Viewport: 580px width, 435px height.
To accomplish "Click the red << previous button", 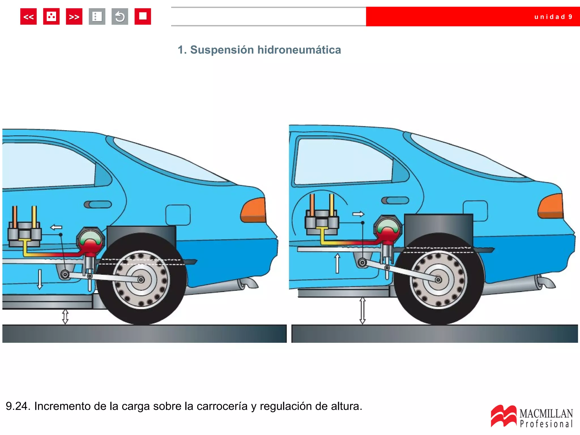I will pyautogui.click(x=28, y=17).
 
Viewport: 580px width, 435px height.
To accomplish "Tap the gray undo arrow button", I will pyautogui.click(x=120, y=17).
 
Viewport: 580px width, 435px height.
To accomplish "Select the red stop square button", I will pyautogui.click(x=143, y=17).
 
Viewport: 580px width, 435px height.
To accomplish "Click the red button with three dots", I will pyautogui.click(x=51, y=17).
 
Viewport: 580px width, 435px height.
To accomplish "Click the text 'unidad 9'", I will pyautogui.click(x=553, y=17).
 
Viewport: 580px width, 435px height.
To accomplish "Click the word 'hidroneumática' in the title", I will pyautogui.click(x=299, y=50).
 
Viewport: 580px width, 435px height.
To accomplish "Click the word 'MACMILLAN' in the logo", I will pyautogui.click(x=546, y=414).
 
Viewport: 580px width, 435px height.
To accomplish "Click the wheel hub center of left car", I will pyautogui.click(x=141, y=280).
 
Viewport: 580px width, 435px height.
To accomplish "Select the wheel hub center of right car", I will pyautogui.click(x=438, y=280).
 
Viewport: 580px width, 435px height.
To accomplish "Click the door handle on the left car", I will pyautogui.click(x=98, y=204).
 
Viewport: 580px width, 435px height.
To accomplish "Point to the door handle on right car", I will pyautogui.click(x=395, y=201).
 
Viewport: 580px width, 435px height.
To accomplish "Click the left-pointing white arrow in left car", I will pyautogui.click(x=56, y=227).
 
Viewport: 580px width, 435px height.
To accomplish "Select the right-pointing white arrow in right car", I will pyautogui.click(x=358, y=214).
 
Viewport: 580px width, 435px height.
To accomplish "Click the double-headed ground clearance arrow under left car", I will pyautogui.click(x=65, y=317).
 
